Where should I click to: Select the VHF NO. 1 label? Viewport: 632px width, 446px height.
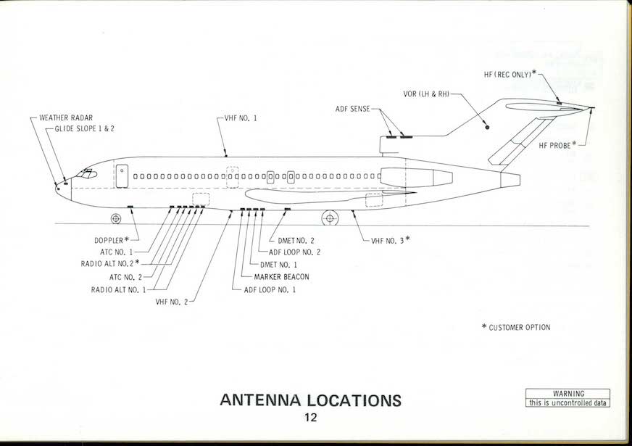tap(241, 117)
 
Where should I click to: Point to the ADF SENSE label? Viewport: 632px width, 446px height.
tap(352, 109)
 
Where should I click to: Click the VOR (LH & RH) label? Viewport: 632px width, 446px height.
tap(427, 94)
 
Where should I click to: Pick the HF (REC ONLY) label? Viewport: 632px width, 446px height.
tap(510, 74)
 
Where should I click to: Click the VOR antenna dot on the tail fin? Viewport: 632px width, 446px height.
tap(487, 128)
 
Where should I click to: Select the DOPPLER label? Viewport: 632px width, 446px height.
tap(111, 240)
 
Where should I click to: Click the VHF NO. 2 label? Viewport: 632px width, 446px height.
tap(171, 302)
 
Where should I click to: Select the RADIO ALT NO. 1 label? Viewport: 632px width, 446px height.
tap(118, 289)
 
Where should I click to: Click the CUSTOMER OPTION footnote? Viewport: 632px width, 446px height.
tap(516, 328)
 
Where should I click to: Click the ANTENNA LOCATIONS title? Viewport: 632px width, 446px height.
tap(309, 400)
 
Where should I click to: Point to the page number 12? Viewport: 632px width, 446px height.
tap(311, 418)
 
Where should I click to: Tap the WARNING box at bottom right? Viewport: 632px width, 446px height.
tap(568, 398)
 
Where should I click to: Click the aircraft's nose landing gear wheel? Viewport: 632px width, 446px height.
tap(116, 218)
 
